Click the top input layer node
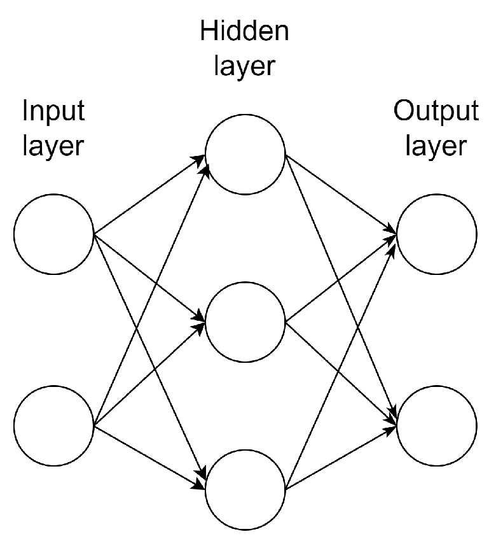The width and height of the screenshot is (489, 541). [x=54, y=234]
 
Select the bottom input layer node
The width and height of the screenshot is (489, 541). [x=54, y=425]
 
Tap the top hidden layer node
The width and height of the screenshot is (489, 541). [x=245, y=155]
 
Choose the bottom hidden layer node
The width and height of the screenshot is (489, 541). [x=245, y=490]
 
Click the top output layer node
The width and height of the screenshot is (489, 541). [x=437, y=234]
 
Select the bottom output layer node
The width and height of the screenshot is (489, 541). [x=437, y=425]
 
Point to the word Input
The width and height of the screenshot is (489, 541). [x=53, y=112]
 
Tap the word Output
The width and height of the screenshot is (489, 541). [x=436, y=112]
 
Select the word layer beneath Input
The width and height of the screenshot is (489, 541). [x=53, y=146]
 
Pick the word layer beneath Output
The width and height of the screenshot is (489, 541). [x=436, y=146]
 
